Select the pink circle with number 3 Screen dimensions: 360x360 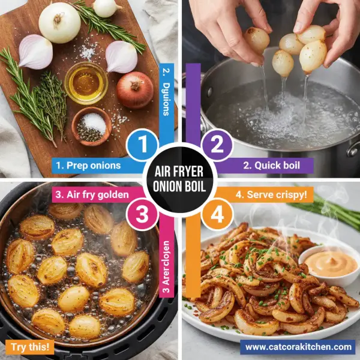pos(143,215)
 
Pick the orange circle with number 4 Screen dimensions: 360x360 pos(217,215)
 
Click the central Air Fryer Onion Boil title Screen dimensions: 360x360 pos(180,179)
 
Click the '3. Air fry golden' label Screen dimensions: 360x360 pos(88,194)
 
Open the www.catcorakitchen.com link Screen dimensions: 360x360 pos(298,346)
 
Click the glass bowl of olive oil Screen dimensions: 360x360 pos(86,83)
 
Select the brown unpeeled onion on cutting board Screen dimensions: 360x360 pos(134,90)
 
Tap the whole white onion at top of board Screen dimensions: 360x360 pos(59,23)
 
